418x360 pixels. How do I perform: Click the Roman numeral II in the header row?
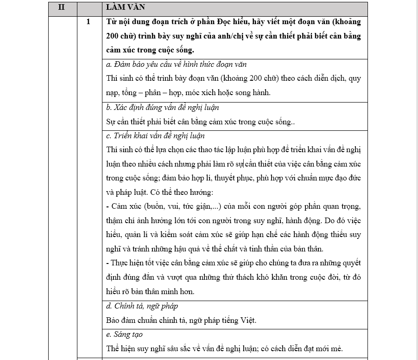click(62, 8)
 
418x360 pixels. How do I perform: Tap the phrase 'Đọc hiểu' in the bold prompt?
click(214, 22)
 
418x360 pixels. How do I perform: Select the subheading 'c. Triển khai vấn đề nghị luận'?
click(155, 136)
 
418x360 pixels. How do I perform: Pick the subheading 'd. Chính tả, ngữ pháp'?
click(142, 306)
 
